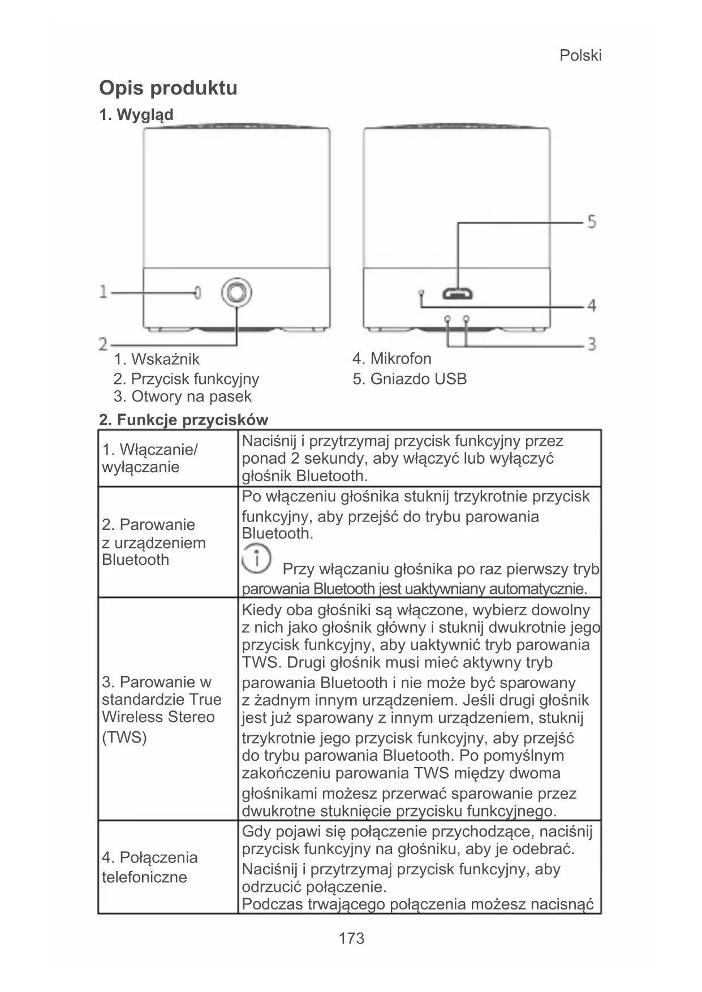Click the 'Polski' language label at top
click(580, 55)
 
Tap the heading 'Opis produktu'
click(168, 88)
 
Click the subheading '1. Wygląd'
click(136, 115)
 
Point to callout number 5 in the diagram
click(591, 221)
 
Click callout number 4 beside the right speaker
click(591, 305)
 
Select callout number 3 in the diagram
click(592, 343)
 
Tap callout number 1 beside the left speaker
click(103, 292)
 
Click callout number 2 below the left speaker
click(103, 344)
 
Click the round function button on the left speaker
click(236, 292)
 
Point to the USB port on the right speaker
click(458, 294)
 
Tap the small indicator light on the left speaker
click(197, 292)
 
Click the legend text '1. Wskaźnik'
click(157, 359)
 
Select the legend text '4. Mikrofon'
click(391, 359)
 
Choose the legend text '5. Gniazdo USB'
click(410, 379)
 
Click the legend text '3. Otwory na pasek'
click(182, 396)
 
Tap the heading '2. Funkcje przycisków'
click(183, 420)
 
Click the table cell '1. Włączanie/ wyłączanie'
click(150, 459)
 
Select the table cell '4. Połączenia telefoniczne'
click(150, 867)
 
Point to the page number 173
click(351, 939)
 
